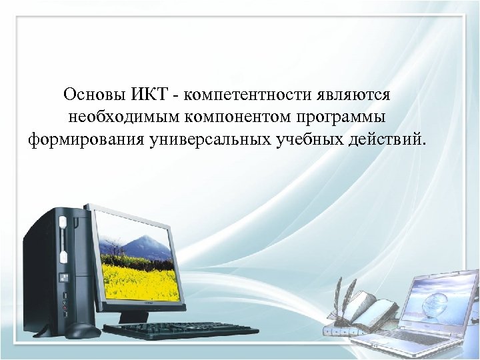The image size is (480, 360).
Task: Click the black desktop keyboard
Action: point(180,331)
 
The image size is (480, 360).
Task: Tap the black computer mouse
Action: point(83,330)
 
